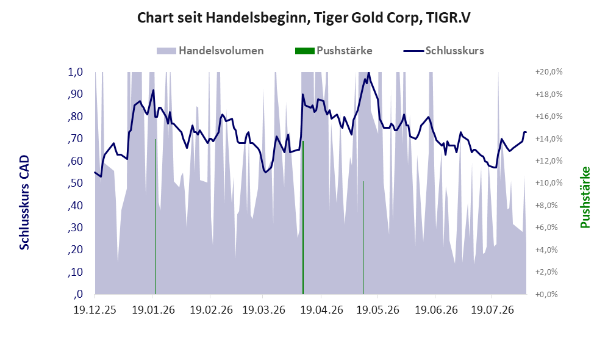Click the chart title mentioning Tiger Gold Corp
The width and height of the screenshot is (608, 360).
tap(304, 18)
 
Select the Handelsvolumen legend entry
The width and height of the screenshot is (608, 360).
tap(210, 51)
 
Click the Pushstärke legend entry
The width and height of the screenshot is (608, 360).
tap(334, 51)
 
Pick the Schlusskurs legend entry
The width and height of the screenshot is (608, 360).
tap(443, 51)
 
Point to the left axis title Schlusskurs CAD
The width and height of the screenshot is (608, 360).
tap(24, 203)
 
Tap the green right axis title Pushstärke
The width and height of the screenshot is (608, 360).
tap(585, 198)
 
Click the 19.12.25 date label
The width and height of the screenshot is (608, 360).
tap(95, 310)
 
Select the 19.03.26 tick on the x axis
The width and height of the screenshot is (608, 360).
tap(263, 310)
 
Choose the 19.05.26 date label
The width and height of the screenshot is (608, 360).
tap(377, 310)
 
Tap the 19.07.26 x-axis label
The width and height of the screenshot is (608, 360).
tap(493, 310)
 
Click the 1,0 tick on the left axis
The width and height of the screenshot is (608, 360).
tap(76, 72)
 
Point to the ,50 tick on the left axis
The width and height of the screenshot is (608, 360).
tap(75, 183)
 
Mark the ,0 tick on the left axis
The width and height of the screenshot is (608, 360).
tap(78, 294)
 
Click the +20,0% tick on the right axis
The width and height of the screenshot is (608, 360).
tap(549, 72)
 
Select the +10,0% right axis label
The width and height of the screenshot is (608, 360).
tap(549, 183)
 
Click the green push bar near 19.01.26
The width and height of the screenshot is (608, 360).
tap(155, 217)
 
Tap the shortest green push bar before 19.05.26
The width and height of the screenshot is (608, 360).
tap(363, 237)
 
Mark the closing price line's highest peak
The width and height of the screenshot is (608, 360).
tap(368, 73)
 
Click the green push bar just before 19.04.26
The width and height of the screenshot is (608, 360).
tap(303, 217)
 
